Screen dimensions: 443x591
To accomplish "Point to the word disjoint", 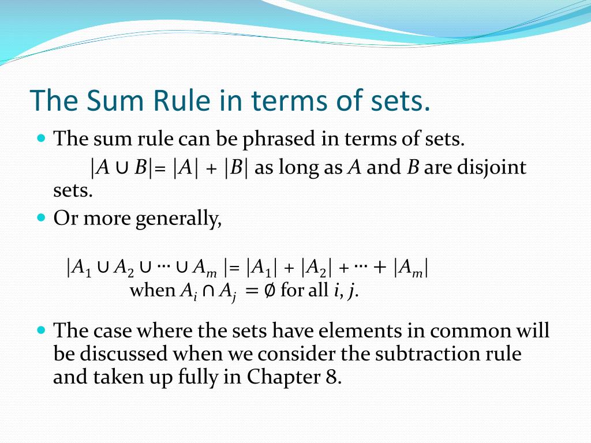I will [x=492, y=168].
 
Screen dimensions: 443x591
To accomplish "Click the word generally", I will [x=179, y=219].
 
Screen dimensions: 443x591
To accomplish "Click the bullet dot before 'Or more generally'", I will [x=40, y=218].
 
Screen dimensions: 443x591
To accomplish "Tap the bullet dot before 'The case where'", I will [x=40, y=331].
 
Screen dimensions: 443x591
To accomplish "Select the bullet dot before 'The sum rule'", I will [x=40, y=138].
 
